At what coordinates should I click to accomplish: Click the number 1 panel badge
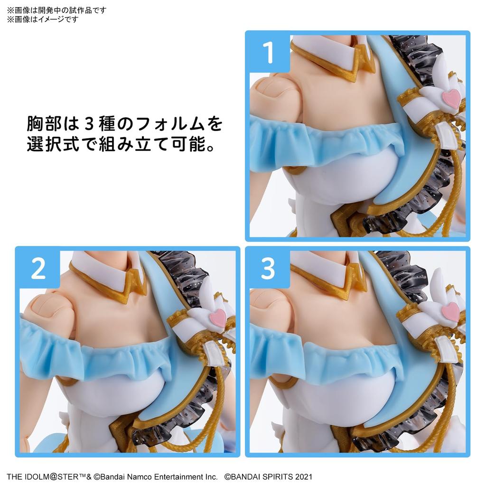(x=268, y=53)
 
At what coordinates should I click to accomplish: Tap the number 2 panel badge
(x=38, y=269)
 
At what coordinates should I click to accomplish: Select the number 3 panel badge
(x=268, y=269)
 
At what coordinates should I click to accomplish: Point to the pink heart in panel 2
(x=218, y=317)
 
